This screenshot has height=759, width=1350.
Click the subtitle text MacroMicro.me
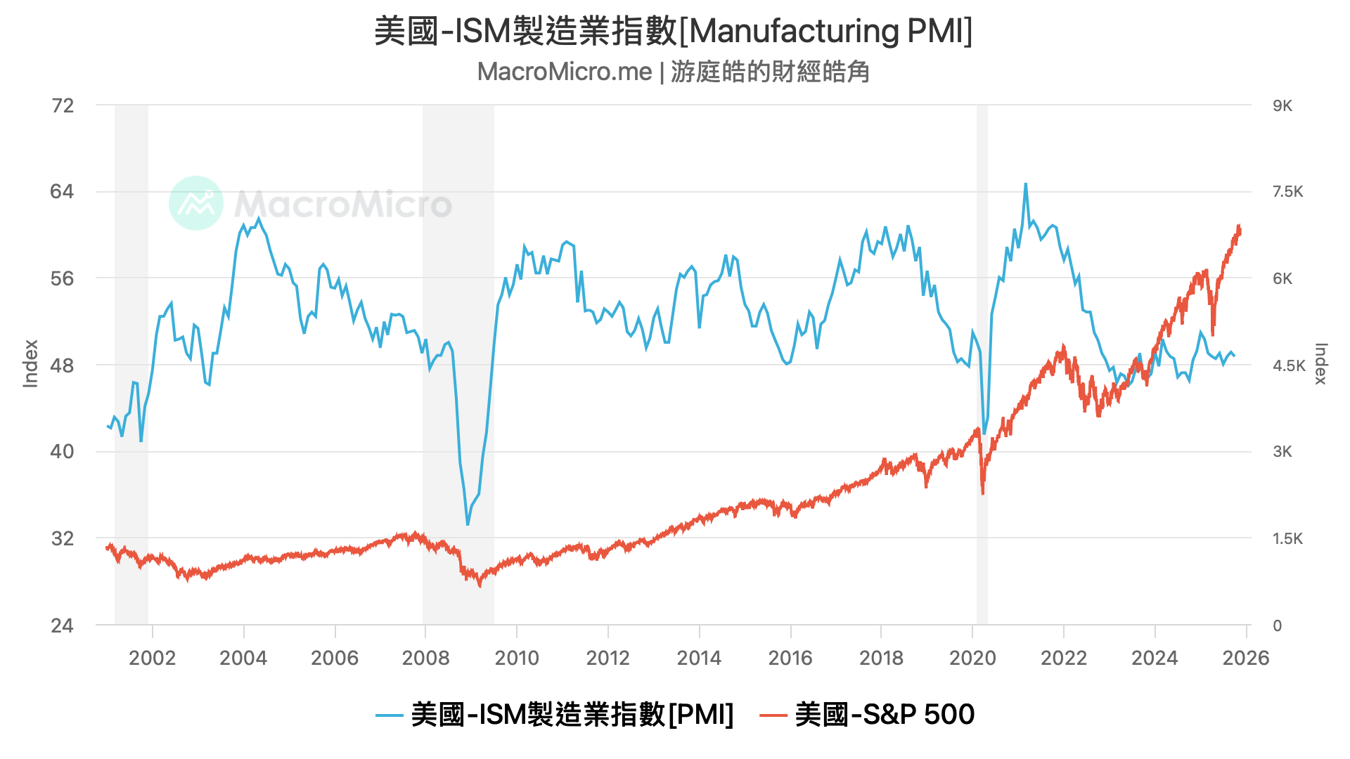(x=565, y=72)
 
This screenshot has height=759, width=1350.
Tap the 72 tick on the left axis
(x=63, y=105)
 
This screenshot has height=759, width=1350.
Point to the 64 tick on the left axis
(x=62, y=191)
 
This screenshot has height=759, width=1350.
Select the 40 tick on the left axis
(x=62, y=451)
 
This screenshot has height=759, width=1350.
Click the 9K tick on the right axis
(x=1282, y=105)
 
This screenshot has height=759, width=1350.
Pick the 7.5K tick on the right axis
(x=1287, y=191)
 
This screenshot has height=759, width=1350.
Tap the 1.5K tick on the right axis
(x=1287, y=538)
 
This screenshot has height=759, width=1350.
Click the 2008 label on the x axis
(x=425, y=658)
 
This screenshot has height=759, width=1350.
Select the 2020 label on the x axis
(x=972, y=658)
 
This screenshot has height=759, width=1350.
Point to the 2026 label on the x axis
(x=1246, y=658)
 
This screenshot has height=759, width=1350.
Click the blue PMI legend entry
(x=555, y=715)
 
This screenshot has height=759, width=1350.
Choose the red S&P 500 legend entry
(x=868, y=715)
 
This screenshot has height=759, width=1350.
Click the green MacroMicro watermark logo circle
(x=196, y=203)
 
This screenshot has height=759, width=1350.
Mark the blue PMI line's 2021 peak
(x=1025, y=184)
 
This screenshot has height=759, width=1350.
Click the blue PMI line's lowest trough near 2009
(x=468, y=524)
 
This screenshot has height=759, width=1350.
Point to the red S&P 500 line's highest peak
(x=1239, y=226)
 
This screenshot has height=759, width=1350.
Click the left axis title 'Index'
(x=30, y=364)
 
